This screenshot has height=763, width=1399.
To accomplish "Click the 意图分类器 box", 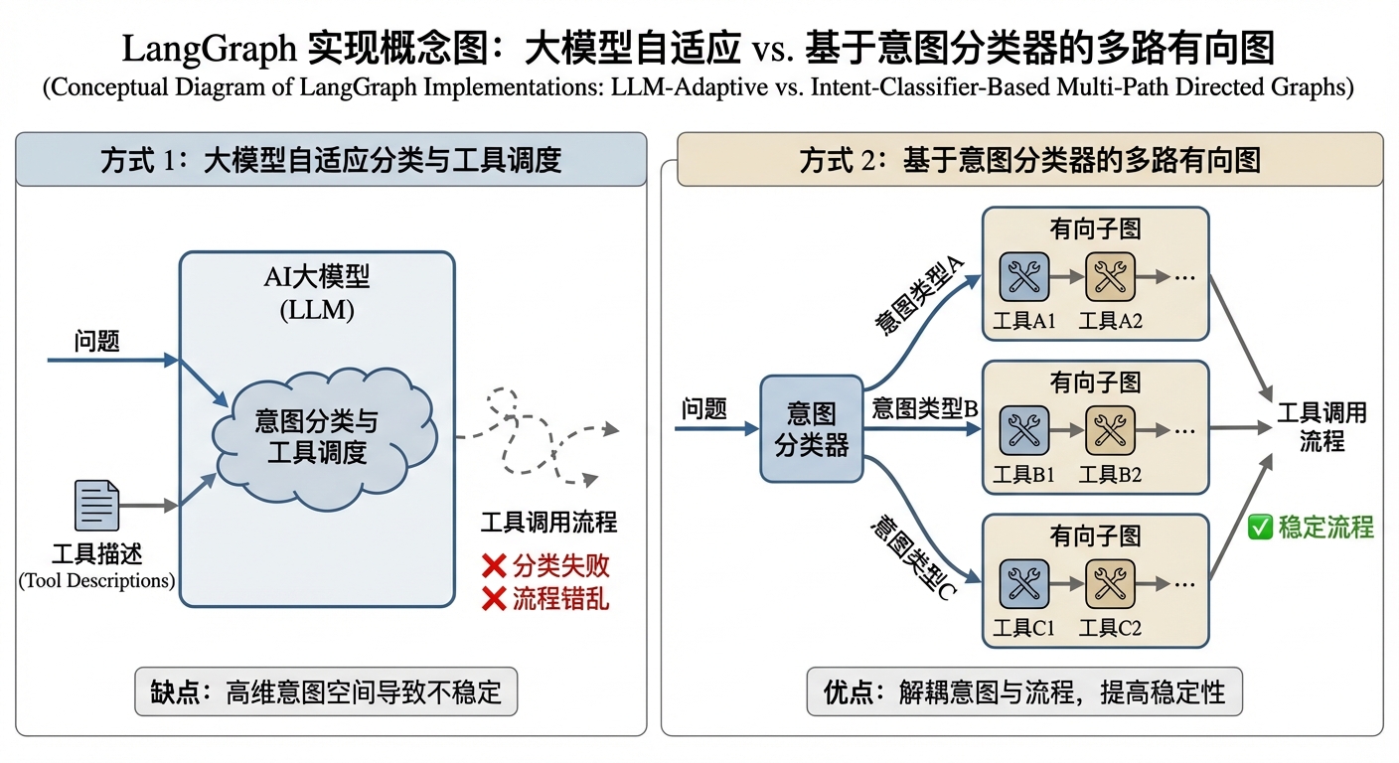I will (x=811, y=429).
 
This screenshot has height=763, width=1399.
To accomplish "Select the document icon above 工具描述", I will (x=97, y=506).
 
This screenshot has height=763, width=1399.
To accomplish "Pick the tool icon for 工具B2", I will (x=1109, y=429).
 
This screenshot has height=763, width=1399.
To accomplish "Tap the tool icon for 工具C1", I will (x=1022, y=584).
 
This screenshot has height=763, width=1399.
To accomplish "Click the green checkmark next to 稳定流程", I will (x=1260, y=528).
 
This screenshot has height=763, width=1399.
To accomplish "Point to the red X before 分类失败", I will (x=494, y=567).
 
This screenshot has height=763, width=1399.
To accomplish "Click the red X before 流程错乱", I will (x=494, y=599).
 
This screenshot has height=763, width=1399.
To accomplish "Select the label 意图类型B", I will (x=925, y=407).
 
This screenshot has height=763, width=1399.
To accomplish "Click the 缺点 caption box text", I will (x=326, y=691).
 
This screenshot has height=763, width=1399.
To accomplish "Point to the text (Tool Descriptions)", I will (x=96, y=580).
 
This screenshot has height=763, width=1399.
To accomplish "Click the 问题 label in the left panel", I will (x=96, y=342).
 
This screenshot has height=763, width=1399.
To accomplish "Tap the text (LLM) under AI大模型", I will (x=317, y=310).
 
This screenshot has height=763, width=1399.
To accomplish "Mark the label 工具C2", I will (x=1110, y=628).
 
